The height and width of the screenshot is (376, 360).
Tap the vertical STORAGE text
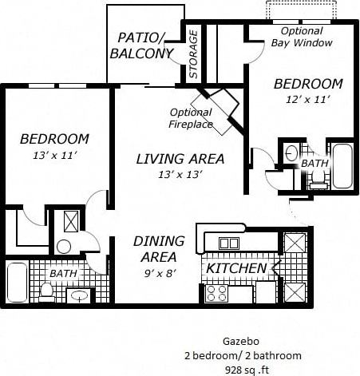pos(194,55)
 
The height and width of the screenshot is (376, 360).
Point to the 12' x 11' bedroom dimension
pos(307,100)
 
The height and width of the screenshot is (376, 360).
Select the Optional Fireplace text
pos(190,118)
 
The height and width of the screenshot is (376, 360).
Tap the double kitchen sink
pos(229,243)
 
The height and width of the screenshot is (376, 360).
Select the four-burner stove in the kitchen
pos(217,293)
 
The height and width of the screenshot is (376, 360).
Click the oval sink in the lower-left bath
pos(79,296)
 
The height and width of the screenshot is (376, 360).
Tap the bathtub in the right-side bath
pos(342,165)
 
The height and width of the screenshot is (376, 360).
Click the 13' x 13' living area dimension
pos(180,175)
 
